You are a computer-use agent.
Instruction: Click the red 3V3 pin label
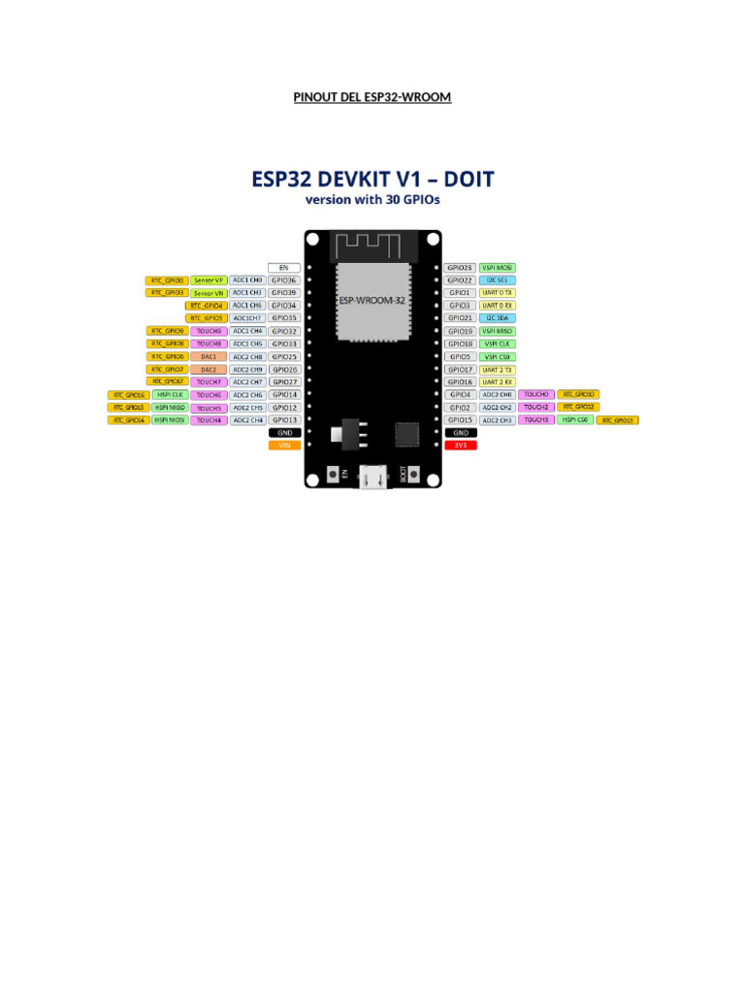click(461, 446)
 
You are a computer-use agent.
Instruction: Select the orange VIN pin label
click(284, 446)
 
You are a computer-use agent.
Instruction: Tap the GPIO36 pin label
click(284, 280)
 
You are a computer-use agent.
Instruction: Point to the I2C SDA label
click(498, 318)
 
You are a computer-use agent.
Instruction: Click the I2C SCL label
click(498, 280)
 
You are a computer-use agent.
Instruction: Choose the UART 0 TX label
click(498, 292)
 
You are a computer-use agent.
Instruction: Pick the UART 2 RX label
click(498, 382)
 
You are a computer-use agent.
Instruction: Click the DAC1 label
click(209, 356)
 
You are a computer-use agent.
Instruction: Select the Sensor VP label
click(209, 280)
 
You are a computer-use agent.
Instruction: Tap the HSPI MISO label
click(169, 408)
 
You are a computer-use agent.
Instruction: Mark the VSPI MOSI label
click(498, 267)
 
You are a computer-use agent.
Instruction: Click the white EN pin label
click(284, 267)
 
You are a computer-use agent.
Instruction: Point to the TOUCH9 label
click(209, 331)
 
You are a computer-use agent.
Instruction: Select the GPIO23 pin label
click(461, 267)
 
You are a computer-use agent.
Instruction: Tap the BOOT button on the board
click(414, 475)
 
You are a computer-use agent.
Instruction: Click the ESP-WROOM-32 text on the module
click(372, 301)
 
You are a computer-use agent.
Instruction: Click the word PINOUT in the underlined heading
click(313, 97)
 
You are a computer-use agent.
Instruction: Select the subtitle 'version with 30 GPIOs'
click(372, 201)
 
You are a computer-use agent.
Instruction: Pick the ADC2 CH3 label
click(497, 420)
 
